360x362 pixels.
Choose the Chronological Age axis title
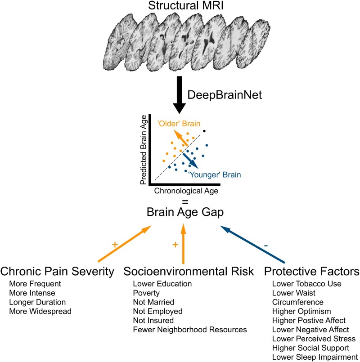pos(186,191)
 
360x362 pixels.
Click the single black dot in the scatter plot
pos(204,131)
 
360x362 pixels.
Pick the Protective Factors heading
pos(312,272)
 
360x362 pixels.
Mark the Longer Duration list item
pos(37,302)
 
